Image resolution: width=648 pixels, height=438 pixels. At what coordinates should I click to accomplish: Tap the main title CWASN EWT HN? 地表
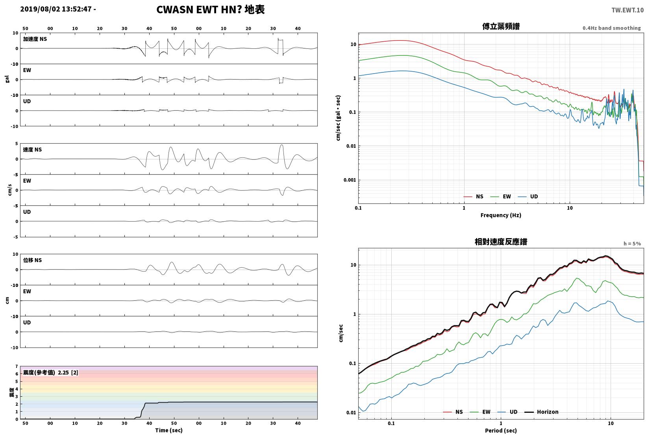210,9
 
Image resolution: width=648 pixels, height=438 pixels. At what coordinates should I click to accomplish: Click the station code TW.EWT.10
628,10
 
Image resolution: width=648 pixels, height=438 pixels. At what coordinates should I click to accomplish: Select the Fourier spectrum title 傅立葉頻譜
501,26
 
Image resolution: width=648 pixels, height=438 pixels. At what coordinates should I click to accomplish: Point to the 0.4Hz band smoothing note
611,28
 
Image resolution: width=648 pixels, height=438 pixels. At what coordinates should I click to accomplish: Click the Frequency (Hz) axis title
501,215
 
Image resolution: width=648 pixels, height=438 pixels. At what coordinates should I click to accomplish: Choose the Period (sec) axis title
501,431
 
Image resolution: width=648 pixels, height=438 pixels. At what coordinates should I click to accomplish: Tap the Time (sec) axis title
169,430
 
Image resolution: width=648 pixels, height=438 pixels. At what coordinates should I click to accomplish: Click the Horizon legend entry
542,412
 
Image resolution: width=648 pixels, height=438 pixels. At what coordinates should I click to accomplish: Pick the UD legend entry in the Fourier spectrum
528,196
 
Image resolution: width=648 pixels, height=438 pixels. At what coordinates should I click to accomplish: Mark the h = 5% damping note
632,244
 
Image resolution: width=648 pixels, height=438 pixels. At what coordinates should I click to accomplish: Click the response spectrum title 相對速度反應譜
501,242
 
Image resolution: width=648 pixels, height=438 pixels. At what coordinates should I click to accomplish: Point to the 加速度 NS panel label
35,39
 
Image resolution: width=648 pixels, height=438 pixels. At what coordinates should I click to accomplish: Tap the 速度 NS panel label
32,150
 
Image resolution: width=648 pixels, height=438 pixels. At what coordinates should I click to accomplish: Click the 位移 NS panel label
32,260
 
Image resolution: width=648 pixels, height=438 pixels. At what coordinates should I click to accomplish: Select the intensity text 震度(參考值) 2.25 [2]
51,372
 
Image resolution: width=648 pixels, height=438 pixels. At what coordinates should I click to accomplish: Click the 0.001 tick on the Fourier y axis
350,180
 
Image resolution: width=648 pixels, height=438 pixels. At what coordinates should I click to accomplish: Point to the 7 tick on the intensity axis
17,366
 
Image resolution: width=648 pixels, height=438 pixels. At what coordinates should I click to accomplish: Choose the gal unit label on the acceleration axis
7,79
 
